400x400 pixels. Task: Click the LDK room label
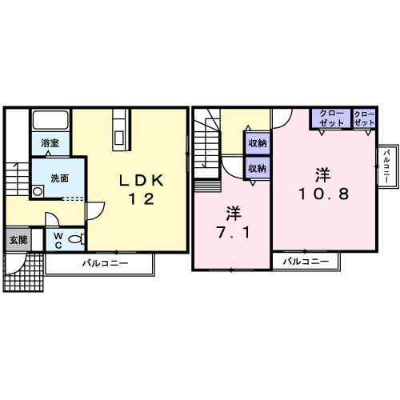point(141,181)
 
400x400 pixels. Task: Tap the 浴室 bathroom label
point(50,143)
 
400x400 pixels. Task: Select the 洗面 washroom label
point(60,178)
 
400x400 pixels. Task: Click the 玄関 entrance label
point(18,240)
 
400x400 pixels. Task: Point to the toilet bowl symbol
point(77,238)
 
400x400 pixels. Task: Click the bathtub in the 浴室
point(50,120)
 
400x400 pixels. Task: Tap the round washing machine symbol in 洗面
point(38,191)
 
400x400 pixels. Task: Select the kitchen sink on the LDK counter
point(118,138)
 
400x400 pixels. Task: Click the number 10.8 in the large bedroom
point(323,194)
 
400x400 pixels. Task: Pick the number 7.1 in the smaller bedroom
point(234,232)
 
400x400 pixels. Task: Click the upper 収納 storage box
point(258,143)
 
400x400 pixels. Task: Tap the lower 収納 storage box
point(258,168)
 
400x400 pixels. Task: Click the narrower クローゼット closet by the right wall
point(364,118)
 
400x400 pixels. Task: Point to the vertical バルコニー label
point(387,166)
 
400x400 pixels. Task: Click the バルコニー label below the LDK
point(105,263)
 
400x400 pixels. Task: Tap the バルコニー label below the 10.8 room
point(306,262)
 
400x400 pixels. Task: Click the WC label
point(58,240)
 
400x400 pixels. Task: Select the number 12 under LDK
point(141,199)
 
